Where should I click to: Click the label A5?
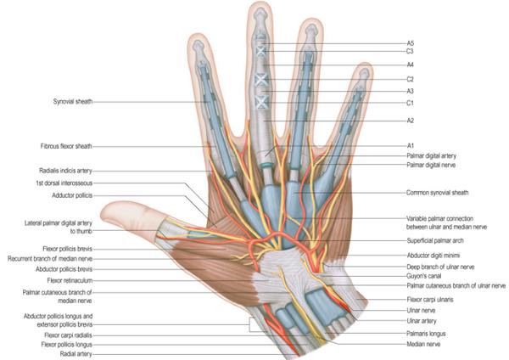(411, 43)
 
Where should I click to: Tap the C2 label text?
(411, 79)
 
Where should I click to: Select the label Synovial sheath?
(73, 102)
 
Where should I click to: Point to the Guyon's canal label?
(424, 276)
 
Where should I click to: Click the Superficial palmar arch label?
(435, 241)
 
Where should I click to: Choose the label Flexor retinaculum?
(70, 280)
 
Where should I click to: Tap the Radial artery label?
(76, 354)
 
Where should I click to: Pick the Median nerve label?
(423, 344)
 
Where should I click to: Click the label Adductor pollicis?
(72, 195)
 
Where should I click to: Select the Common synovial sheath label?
(438, 193)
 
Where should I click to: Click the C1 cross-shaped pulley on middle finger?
(261, 103)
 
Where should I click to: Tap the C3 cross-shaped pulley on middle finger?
(261, 51)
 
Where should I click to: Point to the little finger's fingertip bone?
(364, 75)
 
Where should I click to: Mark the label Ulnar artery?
(422, 321)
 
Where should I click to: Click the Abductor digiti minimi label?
(433, 256)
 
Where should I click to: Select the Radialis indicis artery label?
(65, 171)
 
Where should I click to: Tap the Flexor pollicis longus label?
(67, 345)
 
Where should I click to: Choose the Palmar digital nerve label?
(431, 165)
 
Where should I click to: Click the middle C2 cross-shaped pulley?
(261, 80)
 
